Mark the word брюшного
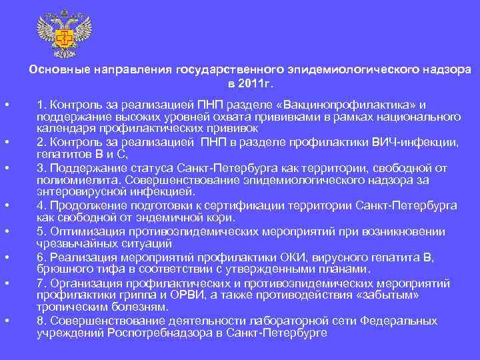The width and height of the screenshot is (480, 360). [x=60, y=269]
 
